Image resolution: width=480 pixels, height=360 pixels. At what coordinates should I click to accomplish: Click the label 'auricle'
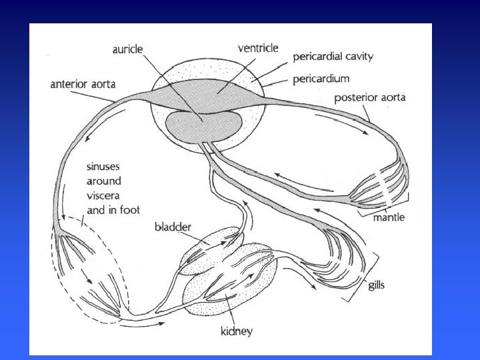click(132, 49)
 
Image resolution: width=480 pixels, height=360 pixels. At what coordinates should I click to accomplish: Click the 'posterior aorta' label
click(370, 98)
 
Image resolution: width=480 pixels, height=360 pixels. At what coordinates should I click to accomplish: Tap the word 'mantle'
click(388, 217)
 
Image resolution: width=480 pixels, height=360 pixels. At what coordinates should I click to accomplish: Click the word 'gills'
click(377, 285)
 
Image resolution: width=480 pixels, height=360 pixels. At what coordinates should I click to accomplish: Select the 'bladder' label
click(173, 227)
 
